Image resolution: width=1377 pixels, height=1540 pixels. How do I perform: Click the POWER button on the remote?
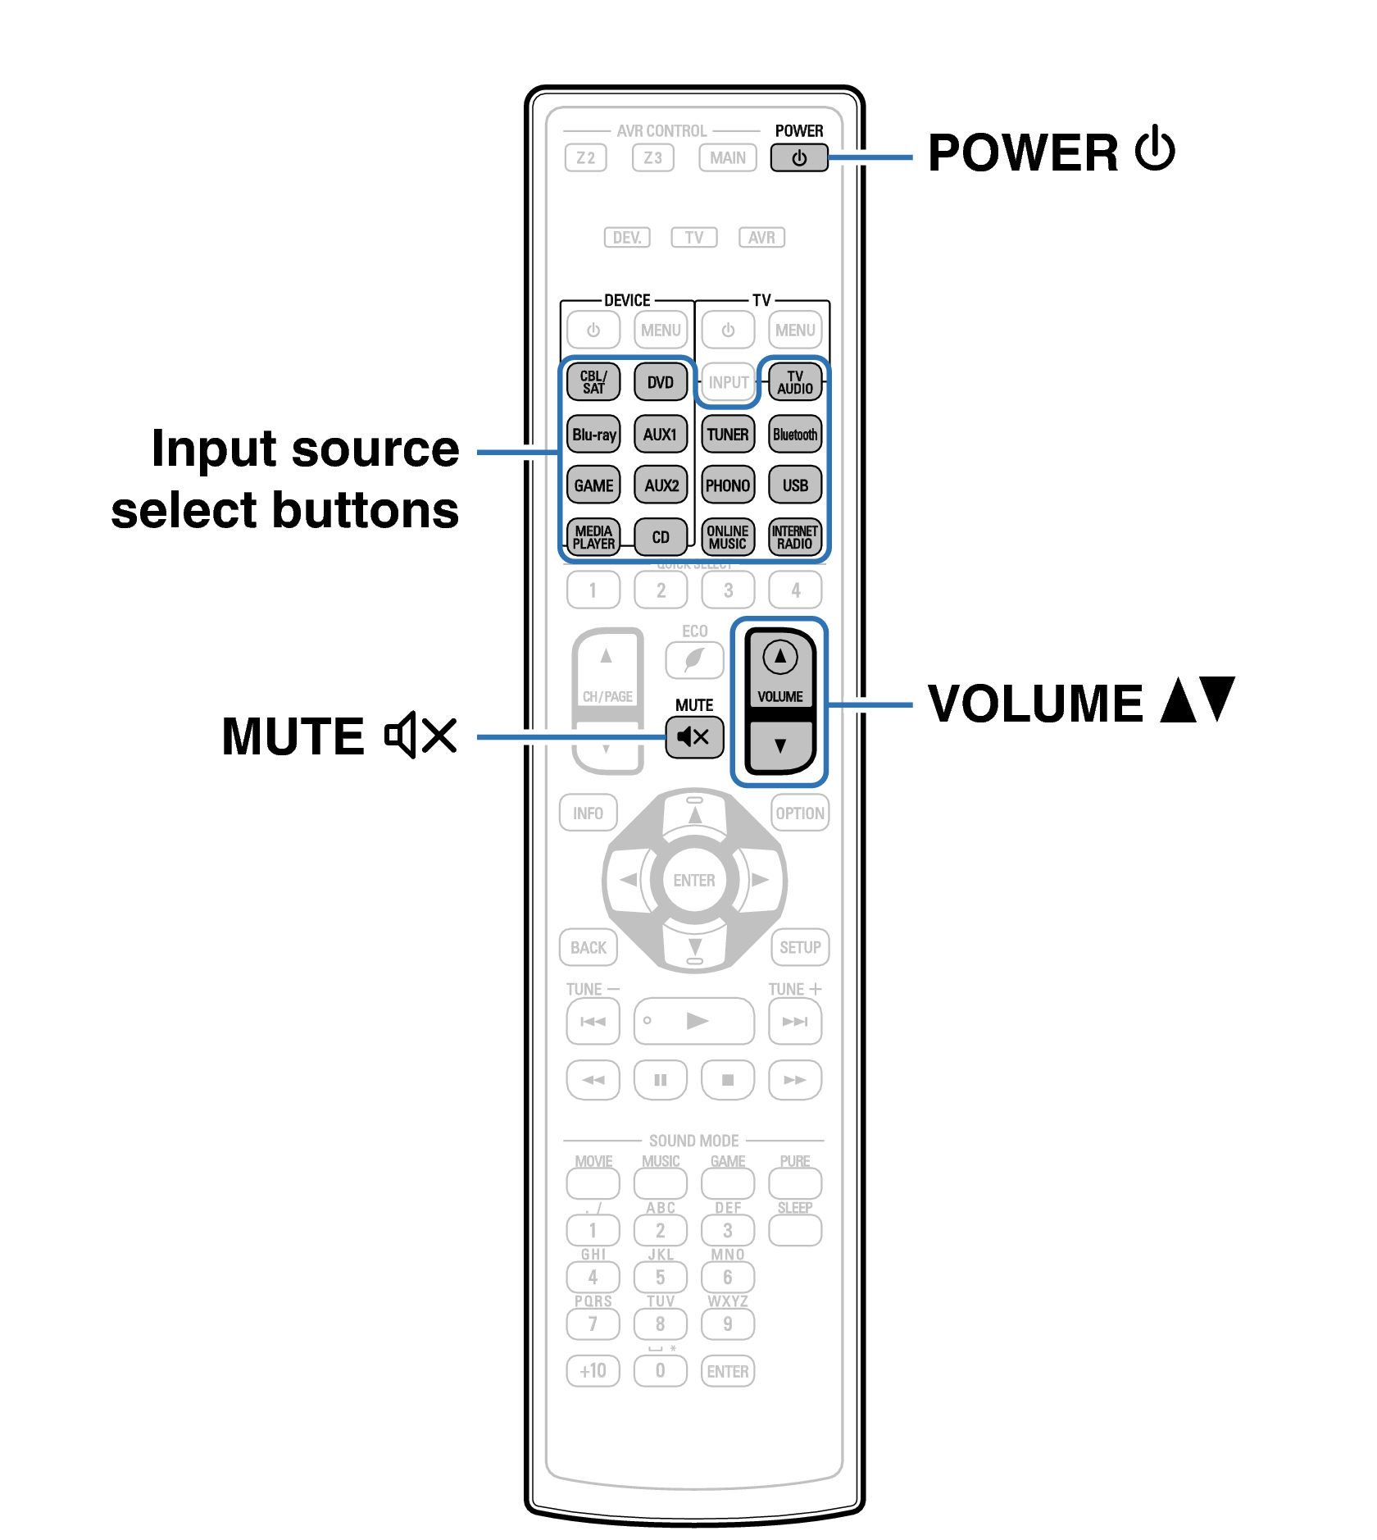(799, 158)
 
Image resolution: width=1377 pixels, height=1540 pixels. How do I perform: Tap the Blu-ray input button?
(593, 435)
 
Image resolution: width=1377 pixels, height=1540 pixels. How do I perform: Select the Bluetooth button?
(795, 435)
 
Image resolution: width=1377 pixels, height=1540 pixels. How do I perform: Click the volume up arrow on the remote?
(779, 657)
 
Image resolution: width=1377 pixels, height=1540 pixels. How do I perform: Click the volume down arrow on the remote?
(779, 745)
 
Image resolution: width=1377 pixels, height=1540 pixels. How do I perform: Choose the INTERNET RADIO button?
(795, 537)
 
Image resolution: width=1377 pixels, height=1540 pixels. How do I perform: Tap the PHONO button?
(728, 485)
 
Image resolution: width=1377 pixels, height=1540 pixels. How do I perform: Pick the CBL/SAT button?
(593, 382)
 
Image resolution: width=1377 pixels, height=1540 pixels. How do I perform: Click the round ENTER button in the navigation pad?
(694, 881)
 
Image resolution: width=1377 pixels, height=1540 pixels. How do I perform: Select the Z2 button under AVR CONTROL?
(585, 158)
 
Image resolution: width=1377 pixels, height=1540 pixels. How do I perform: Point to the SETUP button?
(800, 948)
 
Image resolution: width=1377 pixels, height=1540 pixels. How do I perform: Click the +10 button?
(593, 1371)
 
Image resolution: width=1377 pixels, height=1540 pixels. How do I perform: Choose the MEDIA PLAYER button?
(593, 537)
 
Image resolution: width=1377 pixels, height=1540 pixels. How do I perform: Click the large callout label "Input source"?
(305, 449)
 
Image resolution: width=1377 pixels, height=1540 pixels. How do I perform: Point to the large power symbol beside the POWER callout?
(1156, 150)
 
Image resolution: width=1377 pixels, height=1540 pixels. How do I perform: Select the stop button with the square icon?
(728, 1080)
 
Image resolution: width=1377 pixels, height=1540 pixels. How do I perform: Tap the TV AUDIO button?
(795, 382)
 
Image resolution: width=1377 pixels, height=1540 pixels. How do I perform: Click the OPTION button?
(800, 813)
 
